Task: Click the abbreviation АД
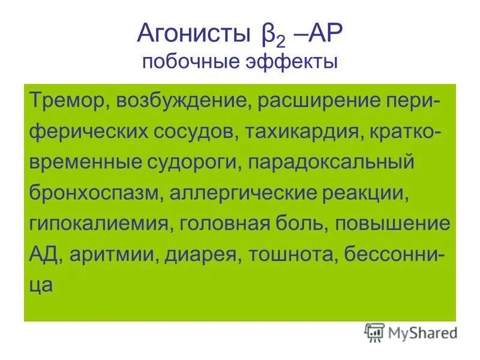pos(43,257)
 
